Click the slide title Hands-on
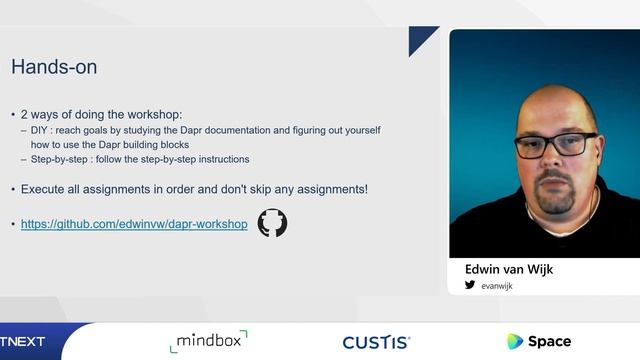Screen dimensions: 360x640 coord(54,68)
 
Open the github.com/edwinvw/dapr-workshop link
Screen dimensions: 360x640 coord(134,224)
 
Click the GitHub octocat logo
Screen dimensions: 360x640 coord(272,223)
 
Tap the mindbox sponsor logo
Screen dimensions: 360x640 coord(208,340)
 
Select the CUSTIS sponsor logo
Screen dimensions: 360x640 coord(376,342)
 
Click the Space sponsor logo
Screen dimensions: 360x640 coord(539,341)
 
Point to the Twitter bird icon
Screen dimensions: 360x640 coord(470,285)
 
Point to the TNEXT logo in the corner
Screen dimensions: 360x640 coord(22,341)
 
